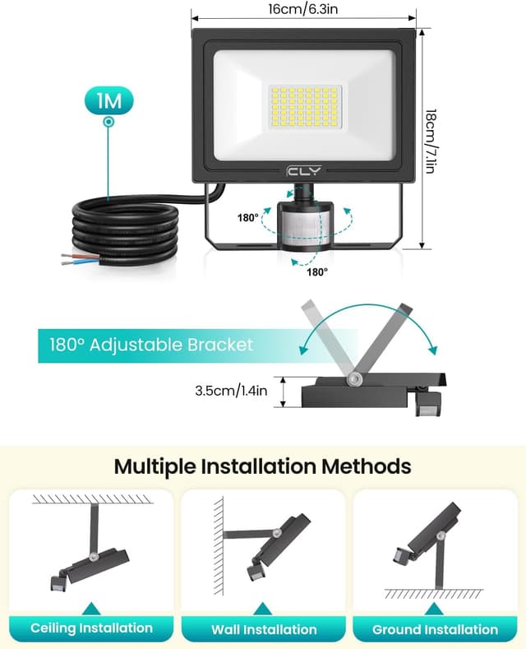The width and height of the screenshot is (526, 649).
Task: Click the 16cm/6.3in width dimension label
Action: [x=303, y=9]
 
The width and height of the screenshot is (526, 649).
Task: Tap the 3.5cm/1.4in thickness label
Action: [x=232, y=391]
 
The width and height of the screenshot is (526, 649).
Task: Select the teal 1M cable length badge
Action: [x=108, y=101]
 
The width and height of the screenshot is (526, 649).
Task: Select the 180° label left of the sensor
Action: [x=247, y=218]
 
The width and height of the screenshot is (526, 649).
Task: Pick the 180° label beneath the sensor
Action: [x=316, y=271]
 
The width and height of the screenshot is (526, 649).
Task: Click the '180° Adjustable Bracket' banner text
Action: [x=146, y=345]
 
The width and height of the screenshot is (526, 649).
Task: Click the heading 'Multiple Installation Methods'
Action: [x=262, y=466]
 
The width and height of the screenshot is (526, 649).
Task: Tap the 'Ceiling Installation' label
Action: [x=91, y=628]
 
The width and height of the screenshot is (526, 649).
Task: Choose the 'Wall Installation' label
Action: [x=263, y=629]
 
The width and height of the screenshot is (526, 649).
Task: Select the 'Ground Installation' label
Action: [x=435, y=629]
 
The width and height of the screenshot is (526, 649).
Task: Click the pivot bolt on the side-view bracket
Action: [x=355, y=378]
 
